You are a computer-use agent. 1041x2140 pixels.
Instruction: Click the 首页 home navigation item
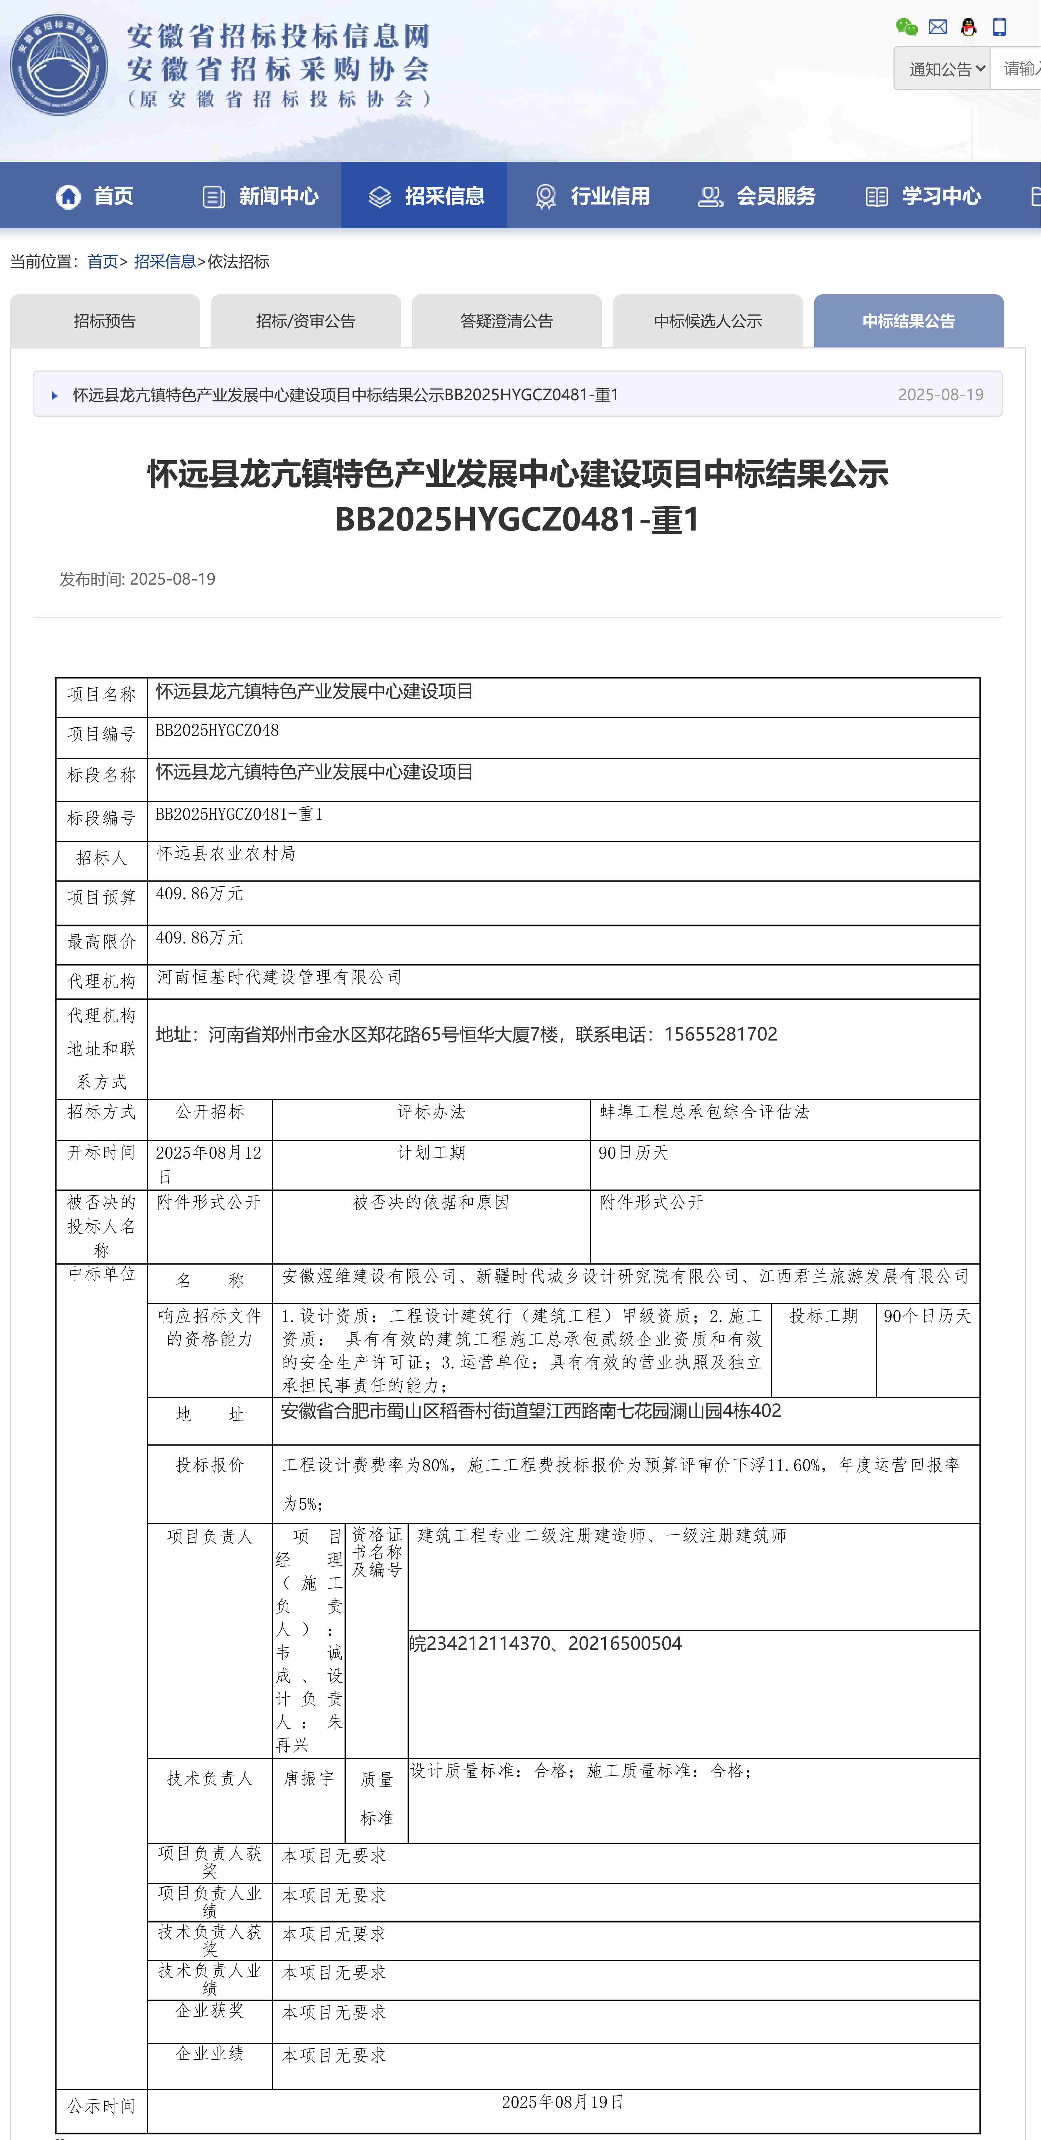pos(95,196)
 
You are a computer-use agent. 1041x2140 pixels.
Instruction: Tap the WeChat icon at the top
pos(906,27)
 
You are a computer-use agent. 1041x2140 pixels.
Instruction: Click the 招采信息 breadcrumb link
pos(165,262)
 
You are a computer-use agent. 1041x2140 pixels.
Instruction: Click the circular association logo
pos(59,65)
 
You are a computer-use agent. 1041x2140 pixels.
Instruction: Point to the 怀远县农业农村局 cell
pos(226,854)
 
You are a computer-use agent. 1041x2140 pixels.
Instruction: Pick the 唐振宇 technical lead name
pos(309,1779)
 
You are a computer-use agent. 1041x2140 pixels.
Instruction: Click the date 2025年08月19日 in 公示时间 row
pos(562,2102)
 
